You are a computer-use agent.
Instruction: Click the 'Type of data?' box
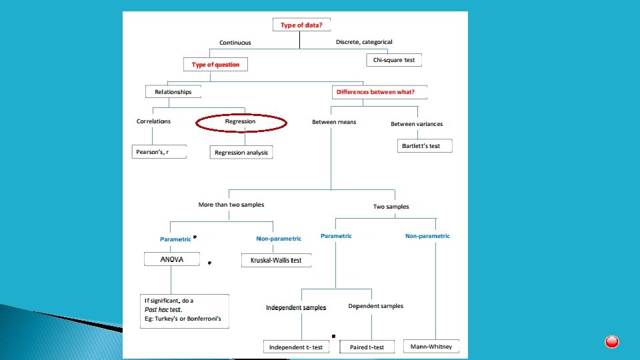(301, 25)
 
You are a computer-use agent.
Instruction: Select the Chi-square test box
(394, 60)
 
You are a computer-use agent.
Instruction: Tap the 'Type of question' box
(215, 65)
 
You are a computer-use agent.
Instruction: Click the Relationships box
(173, 92)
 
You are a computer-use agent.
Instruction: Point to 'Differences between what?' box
(378, 92)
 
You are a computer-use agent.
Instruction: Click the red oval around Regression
(241, 122)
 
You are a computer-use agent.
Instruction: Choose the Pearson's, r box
(159, 152)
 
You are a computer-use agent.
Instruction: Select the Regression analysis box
(241, 153)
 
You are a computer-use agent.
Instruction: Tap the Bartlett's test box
(425, 145)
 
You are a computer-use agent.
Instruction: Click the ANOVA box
(172, 259)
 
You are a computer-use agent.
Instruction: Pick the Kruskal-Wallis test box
(276, 260)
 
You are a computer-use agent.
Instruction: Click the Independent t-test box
(296, 347)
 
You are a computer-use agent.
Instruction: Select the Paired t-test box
(367, 347)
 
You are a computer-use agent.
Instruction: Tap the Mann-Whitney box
(431, 347)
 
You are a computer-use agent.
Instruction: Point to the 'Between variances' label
(416, 124)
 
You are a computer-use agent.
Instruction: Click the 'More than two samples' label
(231, 205)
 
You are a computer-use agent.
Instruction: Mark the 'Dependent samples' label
(375, 306)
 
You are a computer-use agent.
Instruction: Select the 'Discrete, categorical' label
(364, 42)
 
